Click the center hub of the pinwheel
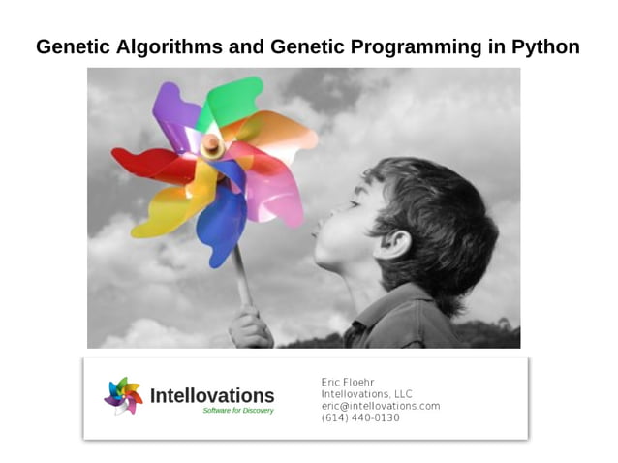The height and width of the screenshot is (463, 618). [x=211, y=145]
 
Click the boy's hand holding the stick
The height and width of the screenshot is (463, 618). [x=250, y=327]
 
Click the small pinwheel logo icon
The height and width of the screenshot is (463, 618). [x=123, y=395]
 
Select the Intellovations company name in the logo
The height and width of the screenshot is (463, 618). [x=212, y=395]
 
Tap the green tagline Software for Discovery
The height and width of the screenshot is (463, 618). [x=238, y=411]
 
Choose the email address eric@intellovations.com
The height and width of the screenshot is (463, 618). [x=381, y=406]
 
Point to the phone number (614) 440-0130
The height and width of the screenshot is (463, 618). [x=360, y=417]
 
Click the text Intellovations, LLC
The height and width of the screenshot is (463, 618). [x=366, y=394]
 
